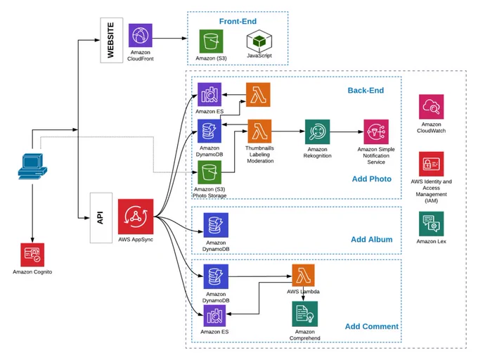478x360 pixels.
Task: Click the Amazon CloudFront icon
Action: point(140,35)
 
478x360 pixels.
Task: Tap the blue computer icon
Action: point(32,166)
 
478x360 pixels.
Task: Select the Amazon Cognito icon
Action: point(32,255)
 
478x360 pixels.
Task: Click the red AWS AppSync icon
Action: point(136,217)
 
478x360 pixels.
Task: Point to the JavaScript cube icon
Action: point(259,41)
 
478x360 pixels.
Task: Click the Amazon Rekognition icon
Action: point(317,131)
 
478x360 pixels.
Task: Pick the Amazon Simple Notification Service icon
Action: point(376,131)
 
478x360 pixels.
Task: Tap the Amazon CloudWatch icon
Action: point(432,107)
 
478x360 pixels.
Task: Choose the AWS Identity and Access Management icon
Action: point(432,164)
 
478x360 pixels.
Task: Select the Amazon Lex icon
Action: point(432,224)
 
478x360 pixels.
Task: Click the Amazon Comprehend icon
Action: point(305,314)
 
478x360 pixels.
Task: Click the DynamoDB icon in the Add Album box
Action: point(216,225)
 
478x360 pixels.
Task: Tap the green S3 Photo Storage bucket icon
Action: point(209,172)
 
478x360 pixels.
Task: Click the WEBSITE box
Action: point(112,40)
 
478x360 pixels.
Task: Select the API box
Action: point(101,218)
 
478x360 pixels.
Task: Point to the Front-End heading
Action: point(238,21)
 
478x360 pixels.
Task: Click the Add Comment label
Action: point(372,326)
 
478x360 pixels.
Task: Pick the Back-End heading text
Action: point(366,90)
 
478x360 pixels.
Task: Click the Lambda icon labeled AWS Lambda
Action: point(304,275)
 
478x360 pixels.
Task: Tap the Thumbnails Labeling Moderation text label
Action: point(259,155)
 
